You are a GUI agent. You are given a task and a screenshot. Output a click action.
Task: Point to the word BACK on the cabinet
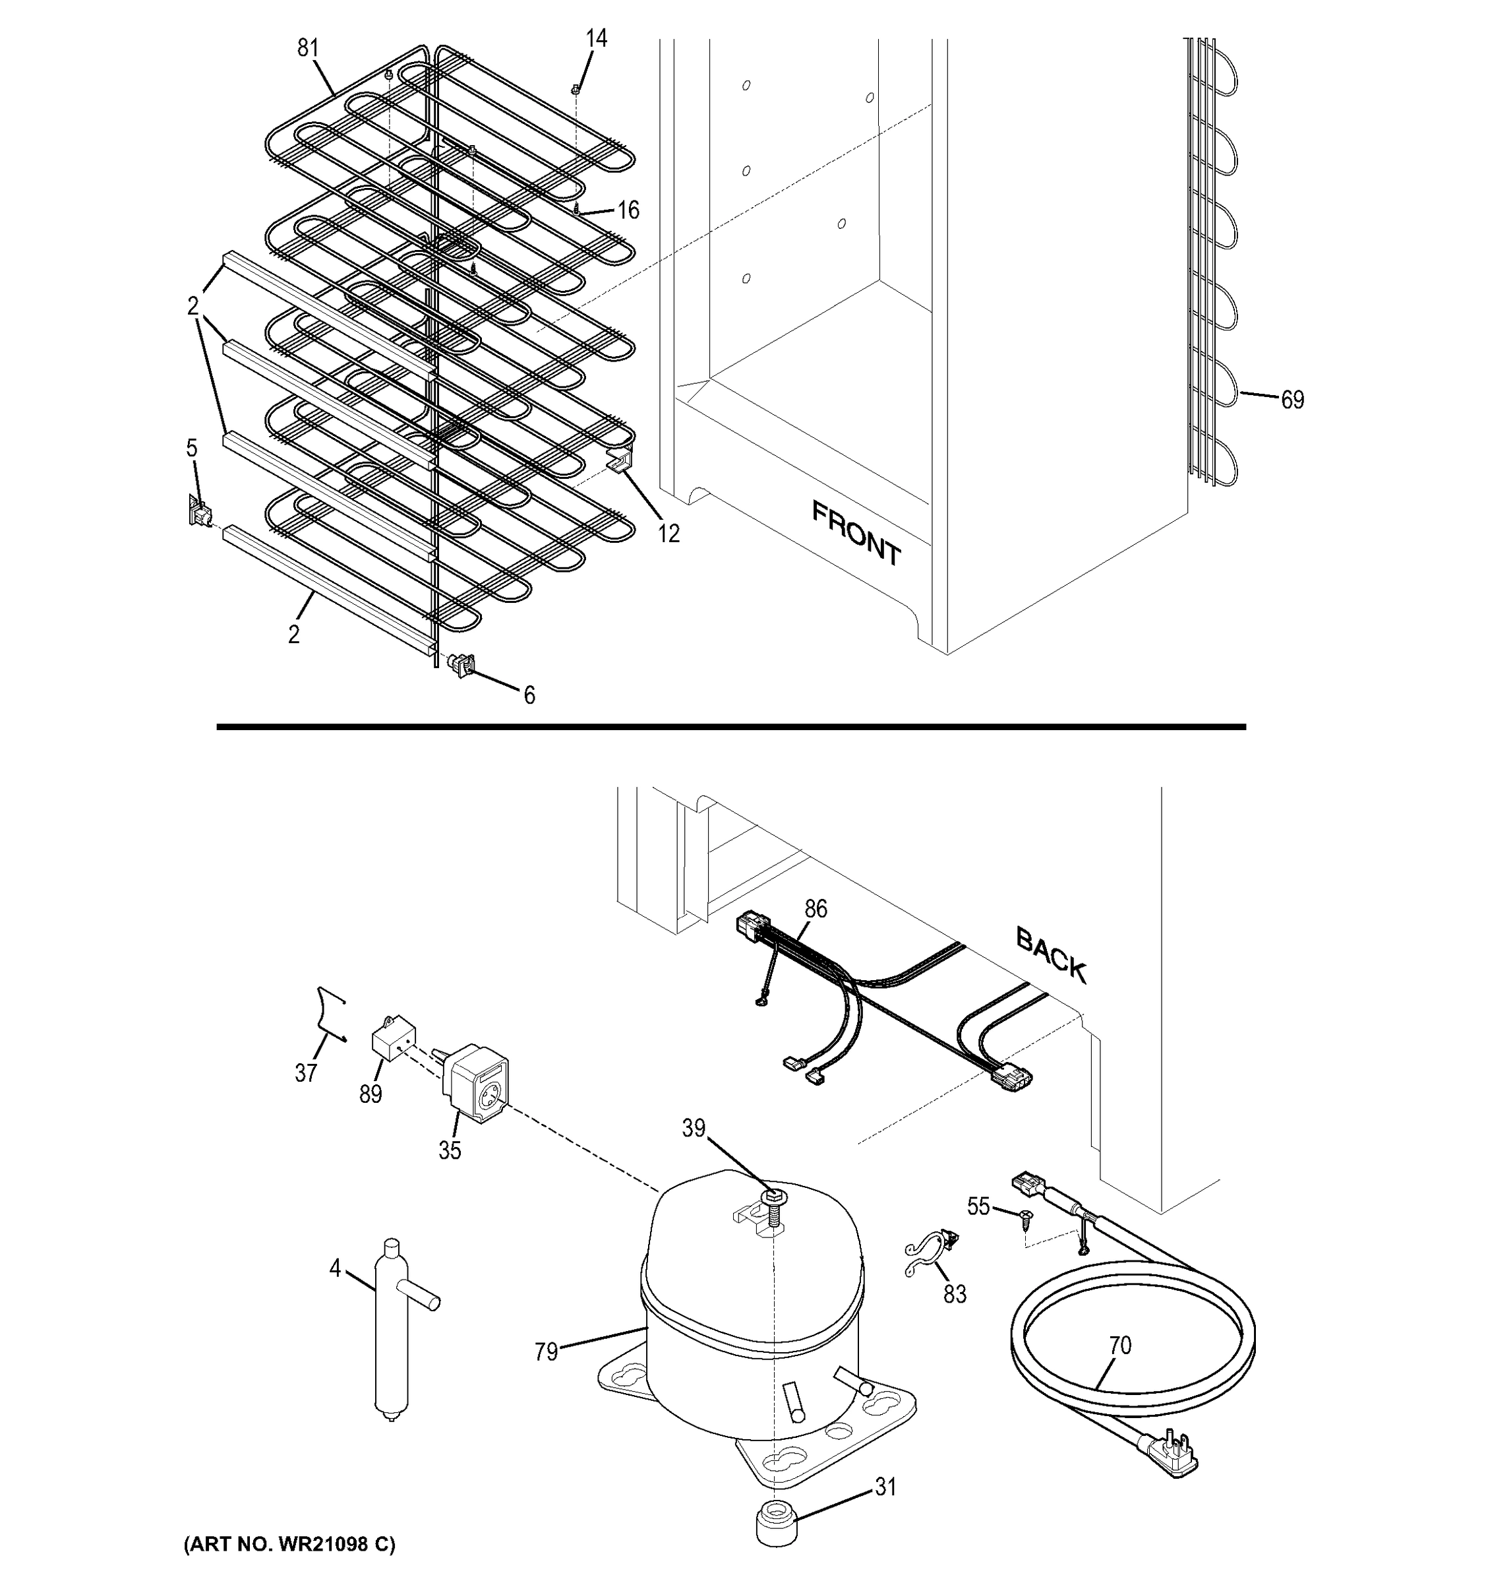(1051, 954)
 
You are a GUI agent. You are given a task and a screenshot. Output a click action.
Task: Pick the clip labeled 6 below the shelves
(461, 664)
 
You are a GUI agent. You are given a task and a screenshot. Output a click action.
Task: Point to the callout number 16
(628, 210)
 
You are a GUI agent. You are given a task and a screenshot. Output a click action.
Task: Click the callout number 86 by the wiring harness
(815, 908)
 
